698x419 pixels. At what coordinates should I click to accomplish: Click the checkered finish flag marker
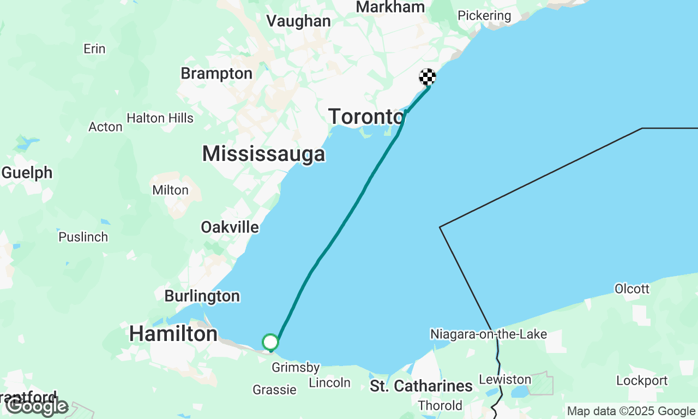pyautogui.click(x=428, y=77)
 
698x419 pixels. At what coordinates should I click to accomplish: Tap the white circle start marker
pyautogui.click(x=270, y=342)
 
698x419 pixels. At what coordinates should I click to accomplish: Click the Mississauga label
pyautogui.click(x=264, y=154)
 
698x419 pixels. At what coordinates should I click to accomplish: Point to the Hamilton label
pyautogui.click(x=173, y=333)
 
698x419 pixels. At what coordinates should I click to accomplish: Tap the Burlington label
pyautogui.click(x=202, y=296)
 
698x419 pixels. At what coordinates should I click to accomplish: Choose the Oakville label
pyautogui.click(x=230, y=227)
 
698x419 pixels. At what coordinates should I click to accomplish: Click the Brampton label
pyautogui.click(x=216, y=73)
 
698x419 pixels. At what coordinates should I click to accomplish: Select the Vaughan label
pyautogui.click(x=298, y=21)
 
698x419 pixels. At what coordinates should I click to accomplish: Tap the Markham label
pyautogui.click(x=390, y=7)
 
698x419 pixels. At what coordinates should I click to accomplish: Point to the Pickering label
pyautogui.click(x=484, y=15)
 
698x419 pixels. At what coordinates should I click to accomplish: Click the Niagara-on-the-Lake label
pyautogui.click(x=488, y=334)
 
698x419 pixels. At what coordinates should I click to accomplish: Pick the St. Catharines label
pyautogui.click(x=422, y=386)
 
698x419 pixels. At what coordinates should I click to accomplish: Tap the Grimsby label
pyautogui.click(x=296, y=368)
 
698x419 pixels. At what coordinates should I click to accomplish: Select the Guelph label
pyautogui.click(x=27, y=172)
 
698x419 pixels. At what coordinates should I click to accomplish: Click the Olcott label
pyautogui.click(x=632, y=288)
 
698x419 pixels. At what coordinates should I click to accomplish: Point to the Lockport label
pyautogui.click(x=642, y=380)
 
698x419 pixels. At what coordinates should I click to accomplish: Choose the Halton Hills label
pyautogui.click(x=160, y=118)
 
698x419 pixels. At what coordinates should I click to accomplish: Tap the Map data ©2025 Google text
pyautogui.click(x=631, y=411)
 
